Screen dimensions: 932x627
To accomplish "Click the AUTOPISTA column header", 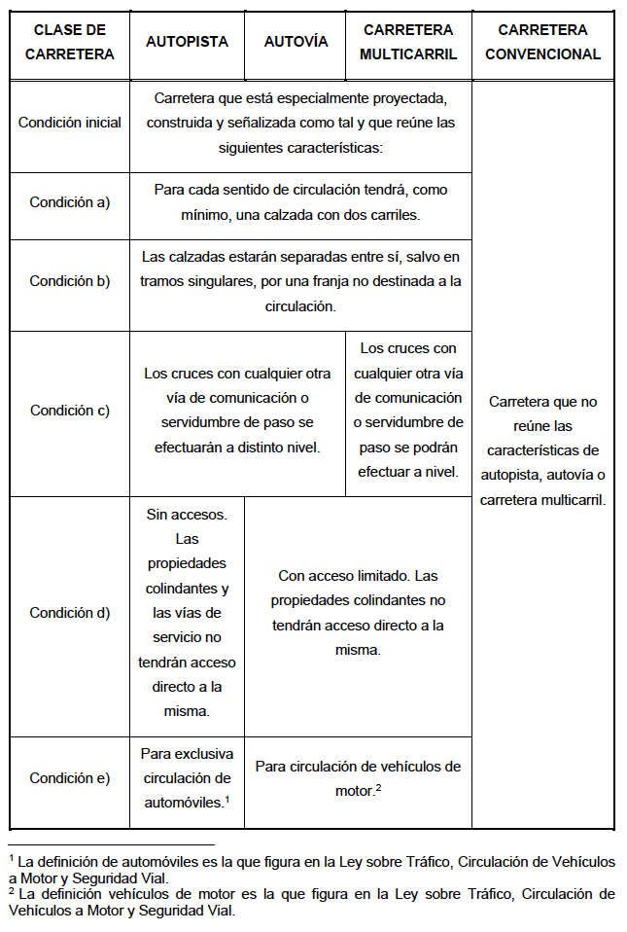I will pos(187,43).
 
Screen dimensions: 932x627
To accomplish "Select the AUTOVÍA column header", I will pos(296,43).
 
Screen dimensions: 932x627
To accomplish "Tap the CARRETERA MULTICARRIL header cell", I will pos(408,43).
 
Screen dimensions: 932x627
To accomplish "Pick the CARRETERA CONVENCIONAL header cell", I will pos(542,43).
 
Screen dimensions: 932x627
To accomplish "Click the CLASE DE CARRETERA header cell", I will pos(69,43).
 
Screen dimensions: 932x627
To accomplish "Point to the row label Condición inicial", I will pos(70,123).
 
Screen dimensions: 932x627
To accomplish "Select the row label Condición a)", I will pos(70,202).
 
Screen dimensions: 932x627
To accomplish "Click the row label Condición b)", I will pos(70,281).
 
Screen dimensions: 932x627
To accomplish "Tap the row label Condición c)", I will pos(70,411).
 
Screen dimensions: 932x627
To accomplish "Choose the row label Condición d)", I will pos(70,613).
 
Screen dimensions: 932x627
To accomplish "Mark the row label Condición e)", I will pos(70,778).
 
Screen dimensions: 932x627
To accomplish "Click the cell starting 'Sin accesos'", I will pos(187,613).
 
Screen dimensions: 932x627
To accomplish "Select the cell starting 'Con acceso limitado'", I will pos(358,613).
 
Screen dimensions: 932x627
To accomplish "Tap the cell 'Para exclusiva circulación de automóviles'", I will pos(187,778).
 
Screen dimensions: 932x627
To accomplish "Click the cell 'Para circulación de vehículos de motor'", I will pos(358,778).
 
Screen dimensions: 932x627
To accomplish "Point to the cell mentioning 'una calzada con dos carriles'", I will pos(300,202).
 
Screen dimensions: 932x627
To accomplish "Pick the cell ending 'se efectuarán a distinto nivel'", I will pos(237,411).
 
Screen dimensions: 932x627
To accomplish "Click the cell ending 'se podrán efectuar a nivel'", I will pos(408,411).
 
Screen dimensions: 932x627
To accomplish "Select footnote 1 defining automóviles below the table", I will pos(311,870).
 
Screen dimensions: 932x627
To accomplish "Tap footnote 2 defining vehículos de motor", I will pos(311,903).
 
